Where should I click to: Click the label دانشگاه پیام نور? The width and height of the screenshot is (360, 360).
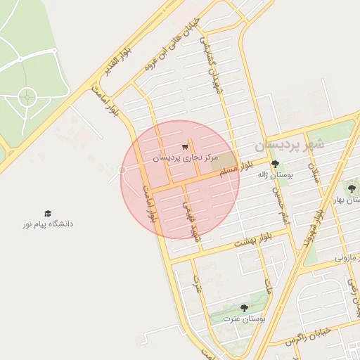[47, 224]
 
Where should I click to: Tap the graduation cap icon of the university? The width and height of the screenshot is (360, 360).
[48, 213]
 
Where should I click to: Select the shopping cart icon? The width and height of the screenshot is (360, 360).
[184, 147]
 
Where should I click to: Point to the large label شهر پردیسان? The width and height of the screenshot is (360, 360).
[289, 145]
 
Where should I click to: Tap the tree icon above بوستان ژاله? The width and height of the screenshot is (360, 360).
[274, 163]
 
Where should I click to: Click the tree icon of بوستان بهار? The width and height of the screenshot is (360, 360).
[352, 188]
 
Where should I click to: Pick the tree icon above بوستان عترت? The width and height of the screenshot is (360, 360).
[244, 307]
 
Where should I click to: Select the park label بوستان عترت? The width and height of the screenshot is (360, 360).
[244, 318]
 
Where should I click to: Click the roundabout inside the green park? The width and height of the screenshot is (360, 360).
[27, 97]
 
